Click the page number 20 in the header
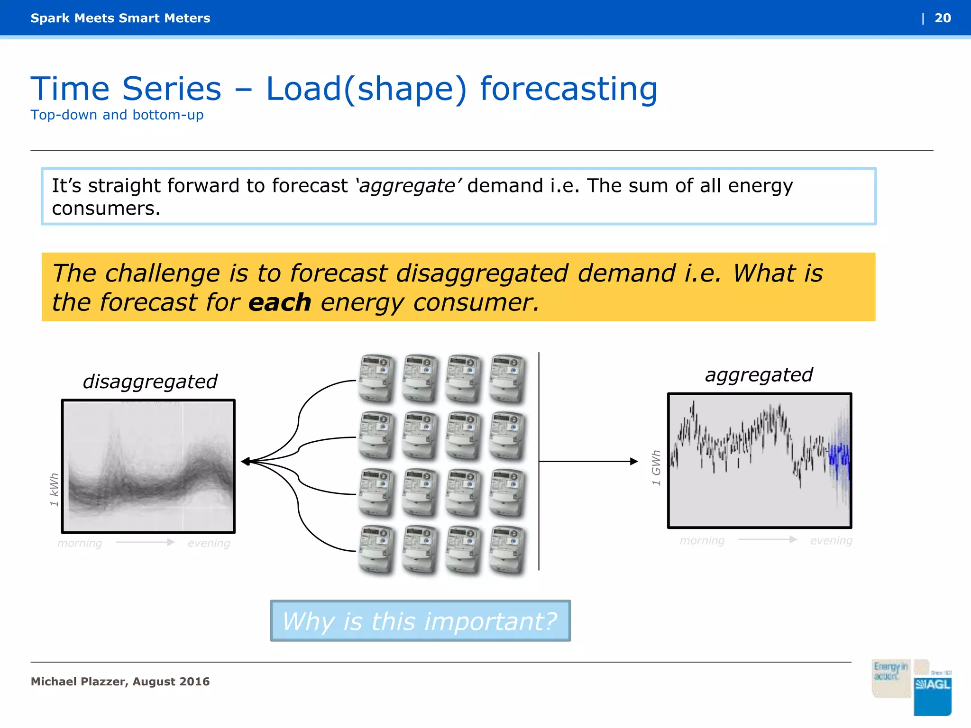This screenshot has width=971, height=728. pyautogui.click(x=942, y=18)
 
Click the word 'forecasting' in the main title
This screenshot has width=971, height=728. pyautogui.click(x=568, y=89)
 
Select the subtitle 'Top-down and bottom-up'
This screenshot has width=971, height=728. pyautogui.click(x=117, y=115)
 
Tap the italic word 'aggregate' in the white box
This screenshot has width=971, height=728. pyautogui.click(x=407, y=186)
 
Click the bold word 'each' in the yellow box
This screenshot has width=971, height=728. pyautogui.click(x=280, y=302)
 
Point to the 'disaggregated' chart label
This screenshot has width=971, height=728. pyautogui.click(x=150, y=382)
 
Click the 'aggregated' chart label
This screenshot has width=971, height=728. pyautogui.click(x=759, y=375)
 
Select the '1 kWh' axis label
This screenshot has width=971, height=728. pyautogui.click(x=55, y=490)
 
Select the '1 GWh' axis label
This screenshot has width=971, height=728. pyautogui.click(x=656, y=468)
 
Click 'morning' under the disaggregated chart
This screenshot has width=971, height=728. pyautogui.click(x=80, y=543)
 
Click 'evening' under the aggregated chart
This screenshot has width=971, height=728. pyautogui.click(x=831, y=541)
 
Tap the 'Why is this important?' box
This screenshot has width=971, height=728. pyautogui.click(x=420, y=621)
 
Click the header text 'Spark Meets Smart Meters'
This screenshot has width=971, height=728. pyautogui.click(x=120, y=18)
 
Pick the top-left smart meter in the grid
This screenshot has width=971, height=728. pyautogui.click(x=377, y=378)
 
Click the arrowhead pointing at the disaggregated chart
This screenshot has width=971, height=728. pyautogui.click(x=246, y=461)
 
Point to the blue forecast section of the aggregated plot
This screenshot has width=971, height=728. pyautogui.click(x=838, y=457)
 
